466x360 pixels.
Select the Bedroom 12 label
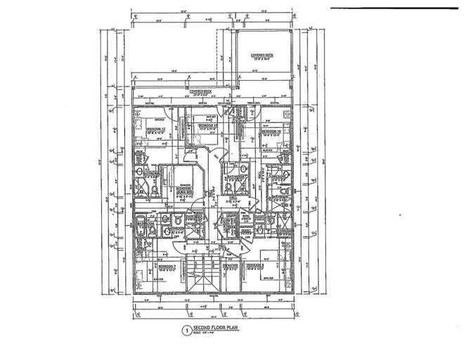pyautogui.click(x=155, y=130)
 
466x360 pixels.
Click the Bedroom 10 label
pyautogui.click(x=271, y=131)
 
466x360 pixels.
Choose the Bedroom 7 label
pyautogui.click(x=167, y=267)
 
